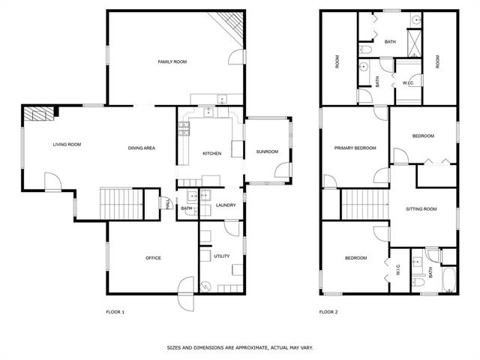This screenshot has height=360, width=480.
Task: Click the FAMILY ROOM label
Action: (172, 61)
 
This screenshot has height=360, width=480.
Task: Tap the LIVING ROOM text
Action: (67, 145)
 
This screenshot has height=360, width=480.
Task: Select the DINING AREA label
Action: (142, 148)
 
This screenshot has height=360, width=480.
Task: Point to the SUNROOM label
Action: (267, 151)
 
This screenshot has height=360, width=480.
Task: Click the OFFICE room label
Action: (153, 258)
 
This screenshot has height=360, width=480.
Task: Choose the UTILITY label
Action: (222, 256)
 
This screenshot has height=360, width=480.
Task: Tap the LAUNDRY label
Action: (226, 205)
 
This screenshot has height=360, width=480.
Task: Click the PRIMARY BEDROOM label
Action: (355, 148)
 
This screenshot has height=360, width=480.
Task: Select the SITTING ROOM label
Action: (421, 209)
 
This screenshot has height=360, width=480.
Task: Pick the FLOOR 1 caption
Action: (115, 312)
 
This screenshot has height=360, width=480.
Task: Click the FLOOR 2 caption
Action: (328, 312)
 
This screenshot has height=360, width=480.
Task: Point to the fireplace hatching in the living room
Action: (39, 113)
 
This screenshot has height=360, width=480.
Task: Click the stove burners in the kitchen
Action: (184, 128)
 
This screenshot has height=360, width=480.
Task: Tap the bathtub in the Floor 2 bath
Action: (449, 280)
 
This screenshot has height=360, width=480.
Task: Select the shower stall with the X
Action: (415, 43)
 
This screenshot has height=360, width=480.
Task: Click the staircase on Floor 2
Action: (365, 204)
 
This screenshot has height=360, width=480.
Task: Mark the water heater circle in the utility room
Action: (205, 287)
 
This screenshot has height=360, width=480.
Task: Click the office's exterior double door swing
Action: (186, 294)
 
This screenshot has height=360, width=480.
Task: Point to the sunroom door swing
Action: (282, 170)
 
